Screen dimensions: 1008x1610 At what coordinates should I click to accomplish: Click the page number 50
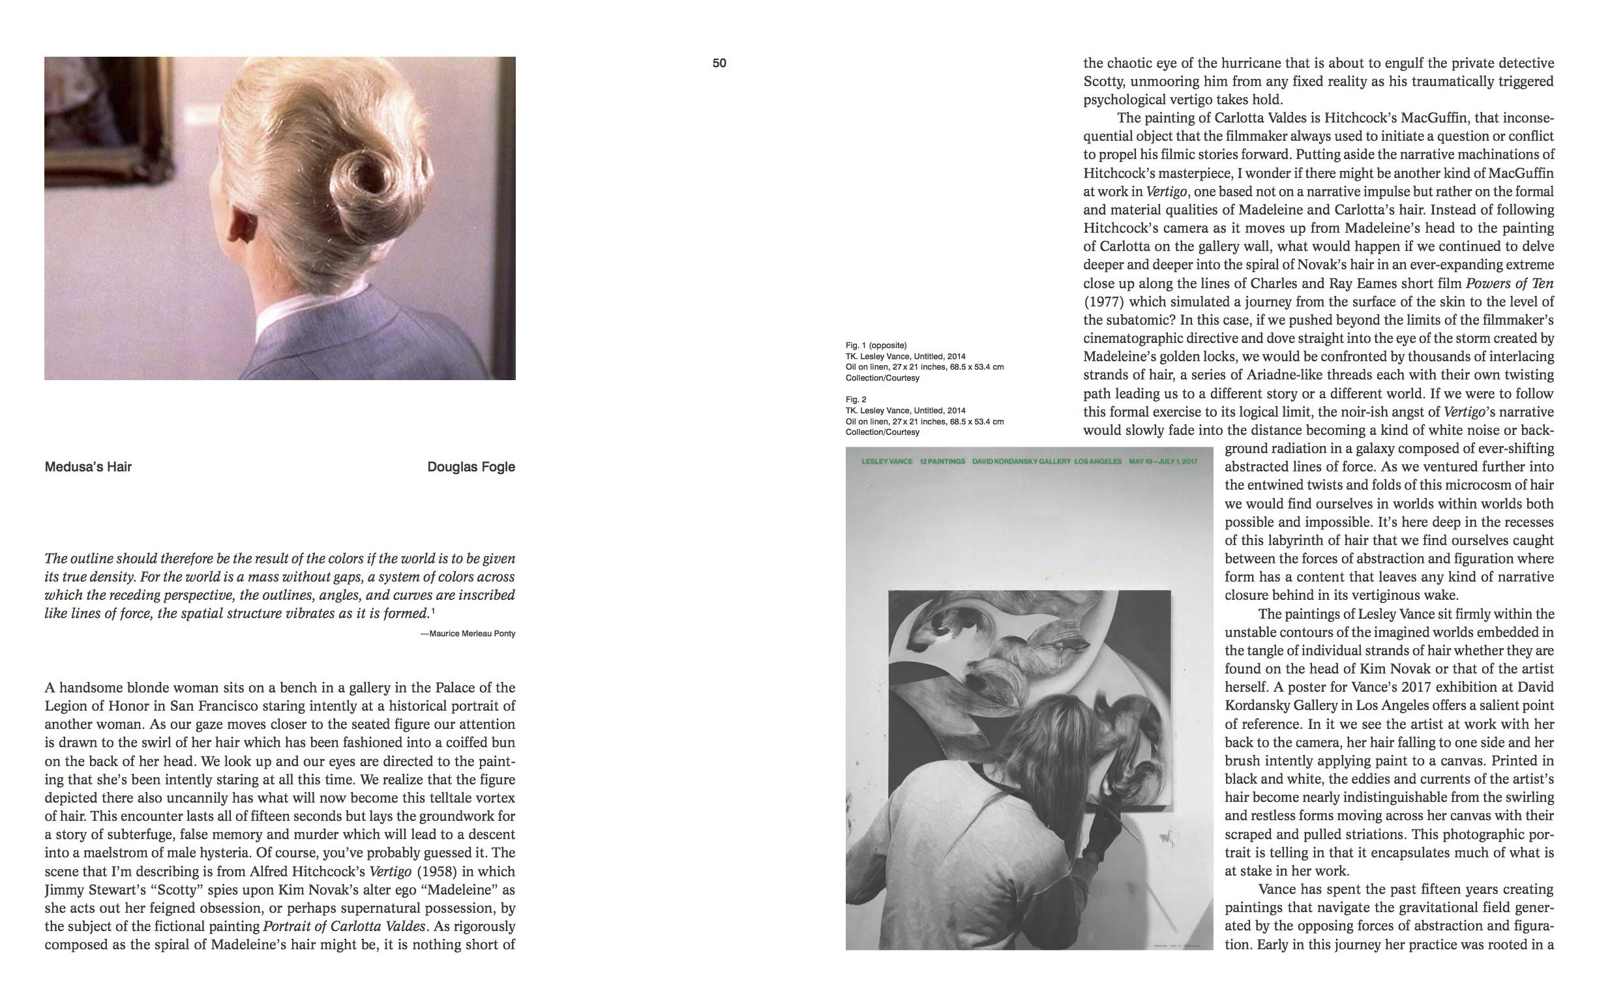pyautogui.click(x=719, y=63)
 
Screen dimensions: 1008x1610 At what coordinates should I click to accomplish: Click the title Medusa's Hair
pyautogui.click(x=88, y=467)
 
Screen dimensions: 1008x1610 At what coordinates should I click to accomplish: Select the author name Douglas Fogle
pyautogui.click(x=471, y=467)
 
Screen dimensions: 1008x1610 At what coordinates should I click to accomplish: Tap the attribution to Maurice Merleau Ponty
pyautogui.click(x=468, y=633)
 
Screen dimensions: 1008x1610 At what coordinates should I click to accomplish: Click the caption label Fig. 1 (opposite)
pyautogui.click(x=876, y=346)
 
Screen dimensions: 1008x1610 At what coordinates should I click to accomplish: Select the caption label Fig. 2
pyautogui.click(x=856, y=399)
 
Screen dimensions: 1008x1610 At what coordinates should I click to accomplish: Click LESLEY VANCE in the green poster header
pyautogui.click(x=887, y=462)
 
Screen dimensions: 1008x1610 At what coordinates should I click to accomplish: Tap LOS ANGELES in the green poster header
pyautogui.click(x=1098, y=462)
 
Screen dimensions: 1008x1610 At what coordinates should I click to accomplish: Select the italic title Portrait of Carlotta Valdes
pyautogui.click(x=344, y=926)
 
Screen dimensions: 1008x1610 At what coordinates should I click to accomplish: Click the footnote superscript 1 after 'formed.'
pyautogui.click(x=434, y=611)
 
